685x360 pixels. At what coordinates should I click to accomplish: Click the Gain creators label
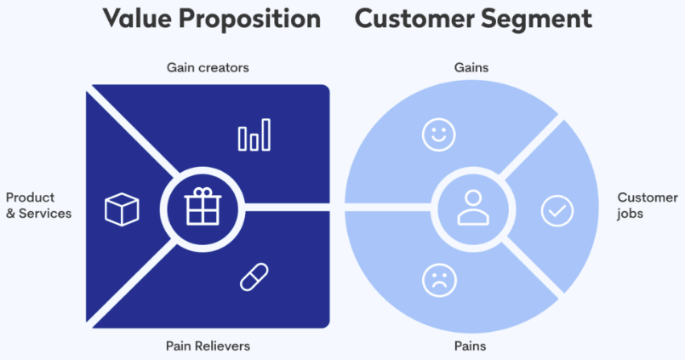[x=208, y=67]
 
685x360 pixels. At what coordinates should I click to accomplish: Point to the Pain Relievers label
[x=208, y=346]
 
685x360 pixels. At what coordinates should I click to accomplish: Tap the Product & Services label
[x=39, y=205]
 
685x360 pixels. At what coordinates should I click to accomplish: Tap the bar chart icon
[x=254, y=134]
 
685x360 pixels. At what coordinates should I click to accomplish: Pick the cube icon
[x=122, y=209]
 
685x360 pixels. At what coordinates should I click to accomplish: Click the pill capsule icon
[x=254, y=277]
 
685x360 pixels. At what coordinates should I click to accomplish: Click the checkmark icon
[x=557, y=209]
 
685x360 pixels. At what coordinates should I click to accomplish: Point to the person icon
[x=470, y=206]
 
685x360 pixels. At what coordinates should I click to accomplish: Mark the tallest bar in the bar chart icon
[x=266, y=134]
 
